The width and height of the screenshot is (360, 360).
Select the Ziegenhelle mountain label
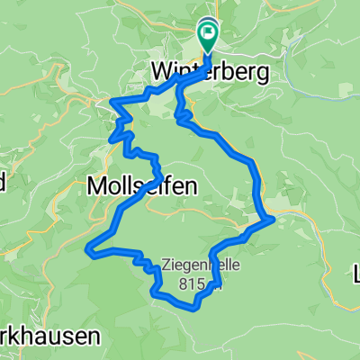pyautogui.click(x=193, y=265)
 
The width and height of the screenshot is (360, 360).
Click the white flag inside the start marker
pyautogui.click(x=208, y=31)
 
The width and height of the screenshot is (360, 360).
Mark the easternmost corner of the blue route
pyautogui.click(x=274, y=218)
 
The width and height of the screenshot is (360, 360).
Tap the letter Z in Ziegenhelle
pyautogui.click(x=166, y=265)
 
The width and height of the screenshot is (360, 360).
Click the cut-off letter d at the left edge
pyautogui.click(x=3, y=183)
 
